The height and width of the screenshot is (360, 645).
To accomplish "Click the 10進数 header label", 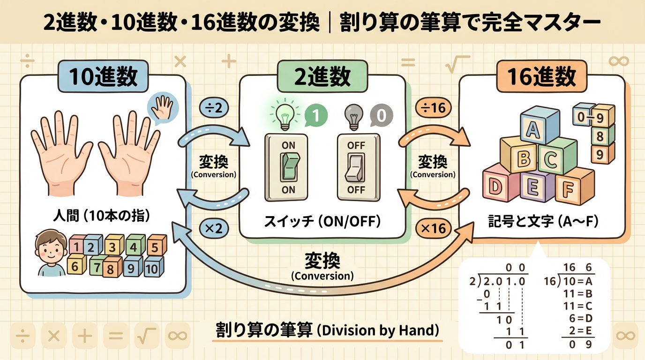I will (104, 77).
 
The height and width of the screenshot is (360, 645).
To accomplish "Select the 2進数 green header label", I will (322, 77).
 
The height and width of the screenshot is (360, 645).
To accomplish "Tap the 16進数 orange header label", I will (541, 77).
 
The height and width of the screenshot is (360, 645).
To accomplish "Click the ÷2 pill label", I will (215, 108).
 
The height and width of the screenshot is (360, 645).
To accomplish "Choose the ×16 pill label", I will (434, 229).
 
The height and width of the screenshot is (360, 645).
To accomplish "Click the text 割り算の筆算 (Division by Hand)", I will (327, 330).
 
